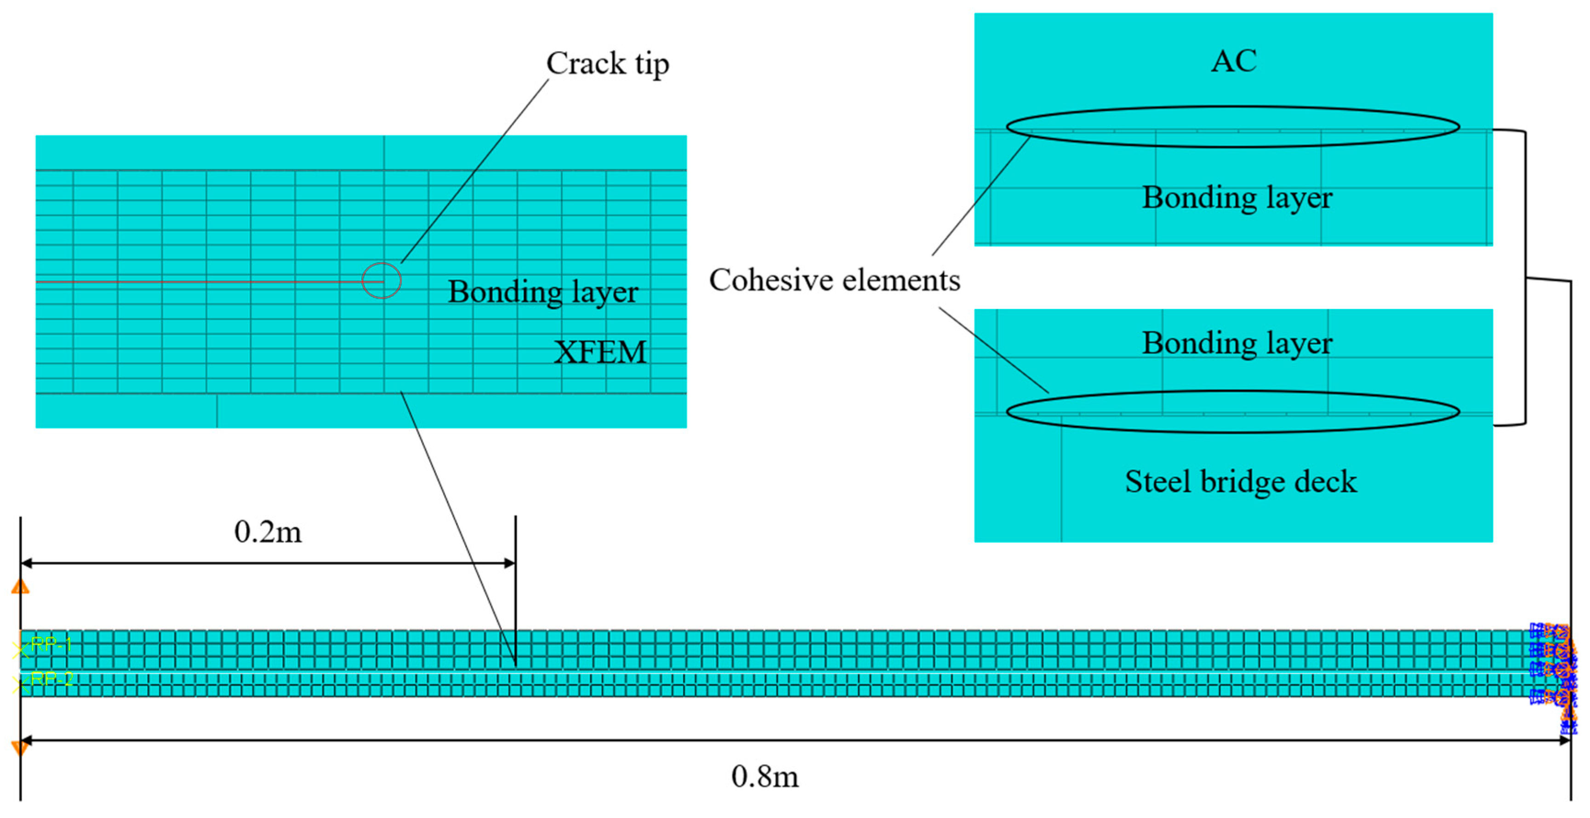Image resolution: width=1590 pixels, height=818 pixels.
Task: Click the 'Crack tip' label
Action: (x=607, y=63)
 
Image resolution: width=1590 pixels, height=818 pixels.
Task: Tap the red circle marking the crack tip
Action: (x=382, y=281)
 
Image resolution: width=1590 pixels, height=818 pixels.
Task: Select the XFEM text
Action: (x=600, y=353)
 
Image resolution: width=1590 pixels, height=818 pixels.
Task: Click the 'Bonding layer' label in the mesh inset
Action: (x=542, y=292)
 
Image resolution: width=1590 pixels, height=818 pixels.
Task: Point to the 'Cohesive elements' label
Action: (x=834, y=280)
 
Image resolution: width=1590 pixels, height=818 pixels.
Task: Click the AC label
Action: (x=1234, y=61)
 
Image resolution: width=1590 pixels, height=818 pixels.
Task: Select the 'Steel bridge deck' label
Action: (x=1241, y=481)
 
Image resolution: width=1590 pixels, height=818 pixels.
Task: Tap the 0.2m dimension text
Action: (x=268, y=532)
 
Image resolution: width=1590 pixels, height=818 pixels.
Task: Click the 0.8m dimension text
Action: (x=765, y=776)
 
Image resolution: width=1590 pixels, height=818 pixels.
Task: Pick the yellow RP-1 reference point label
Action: (x=51, y=645)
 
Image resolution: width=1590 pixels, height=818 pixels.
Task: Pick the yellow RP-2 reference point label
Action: (x=51, y=680)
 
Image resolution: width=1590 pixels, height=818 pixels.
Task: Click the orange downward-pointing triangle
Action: (x=20, y=748)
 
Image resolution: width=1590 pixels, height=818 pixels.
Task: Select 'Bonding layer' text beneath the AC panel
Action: (x=1237, y=198)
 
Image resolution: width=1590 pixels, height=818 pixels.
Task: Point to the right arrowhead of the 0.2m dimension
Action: (x=510, y=563)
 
